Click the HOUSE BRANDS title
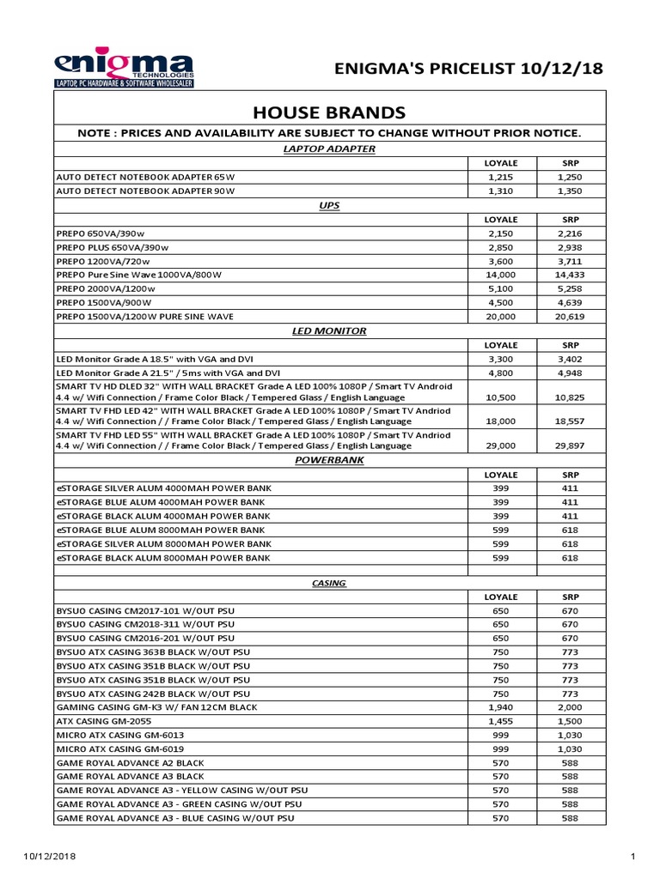tap(330, 112)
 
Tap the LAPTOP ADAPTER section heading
tap(330, 149)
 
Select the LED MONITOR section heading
tap(330, 330)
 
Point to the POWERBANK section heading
tap(330, 461)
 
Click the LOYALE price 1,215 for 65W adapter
tap(500, 177)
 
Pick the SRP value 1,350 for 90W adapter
tap(571, 191)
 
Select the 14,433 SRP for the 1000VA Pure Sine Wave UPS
tap(571, 275)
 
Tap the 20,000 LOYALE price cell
tap(500, 317)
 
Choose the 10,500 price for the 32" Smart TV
tap(500, 397)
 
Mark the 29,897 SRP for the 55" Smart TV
tap(571, 446)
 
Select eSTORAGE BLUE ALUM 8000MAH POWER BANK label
tap(162, 530)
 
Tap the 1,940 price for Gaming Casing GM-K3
tap(500, 707)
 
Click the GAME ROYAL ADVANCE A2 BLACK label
tap(131, 763)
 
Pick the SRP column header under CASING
tap(571, 597)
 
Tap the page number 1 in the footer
tap(632, 857)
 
